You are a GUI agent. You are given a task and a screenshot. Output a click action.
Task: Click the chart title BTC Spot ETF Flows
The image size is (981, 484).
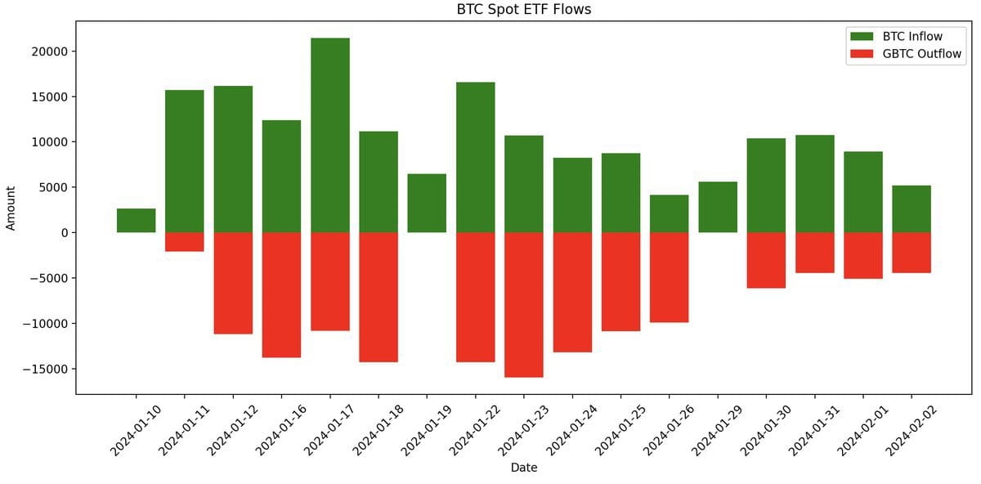point(523,10)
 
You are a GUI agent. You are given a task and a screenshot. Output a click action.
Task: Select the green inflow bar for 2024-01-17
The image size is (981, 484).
point(330,135)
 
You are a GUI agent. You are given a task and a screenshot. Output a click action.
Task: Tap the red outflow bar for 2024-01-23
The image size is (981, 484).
point(524,304)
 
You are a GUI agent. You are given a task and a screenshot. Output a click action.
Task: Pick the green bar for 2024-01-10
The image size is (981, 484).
point(136,221)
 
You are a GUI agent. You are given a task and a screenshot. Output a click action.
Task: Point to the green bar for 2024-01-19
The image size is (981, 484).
point(427,203)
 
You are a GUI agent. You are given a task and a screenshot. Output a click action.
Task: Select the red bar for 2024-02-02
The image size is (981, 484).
point(912,253)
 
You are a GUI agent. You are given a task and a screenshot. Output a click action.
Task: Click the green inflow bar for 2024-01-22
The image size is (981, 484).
point(476,157)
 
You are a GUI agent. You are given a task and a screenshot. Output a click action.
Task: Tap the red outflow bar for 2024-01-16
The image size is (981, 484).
point(281,294)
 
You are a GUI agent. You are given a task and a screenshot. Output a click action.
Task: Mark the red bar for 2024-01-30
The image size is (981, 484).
point(766,260)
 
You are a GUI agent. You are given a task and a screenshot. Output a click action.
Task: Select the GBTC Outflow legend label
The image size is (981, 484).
point(921,55)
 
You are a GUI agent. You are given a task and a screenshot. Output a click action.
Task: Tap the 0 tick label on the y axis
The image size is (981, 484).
point(64,233)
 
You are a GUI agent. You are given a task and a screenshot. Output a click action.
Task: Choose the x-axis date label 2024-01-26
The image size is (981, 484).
point(665,431)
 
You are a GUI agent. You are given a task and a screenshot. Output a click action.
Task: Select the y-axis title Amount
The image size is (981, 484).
point(11,208)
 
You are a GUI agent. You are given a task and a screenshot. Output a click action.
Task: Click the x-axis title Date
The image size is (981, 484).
point(524,468)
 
